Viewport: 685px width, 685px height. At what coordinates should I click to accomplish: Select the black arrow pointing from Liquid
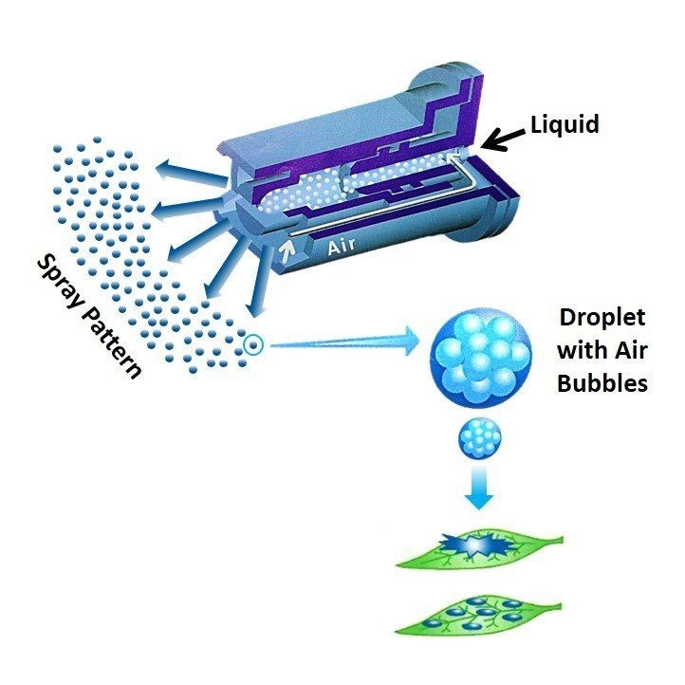coord(503,139)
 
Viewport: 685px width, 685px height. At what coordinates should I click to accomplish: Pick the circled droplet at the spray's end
coord(252,344)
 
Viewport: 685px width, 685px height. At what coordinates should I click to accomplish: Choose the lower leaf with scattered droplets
coord(478,614)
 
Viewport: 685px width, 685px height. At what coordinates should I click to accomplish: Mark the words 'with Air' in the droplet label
coord(602,352)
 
